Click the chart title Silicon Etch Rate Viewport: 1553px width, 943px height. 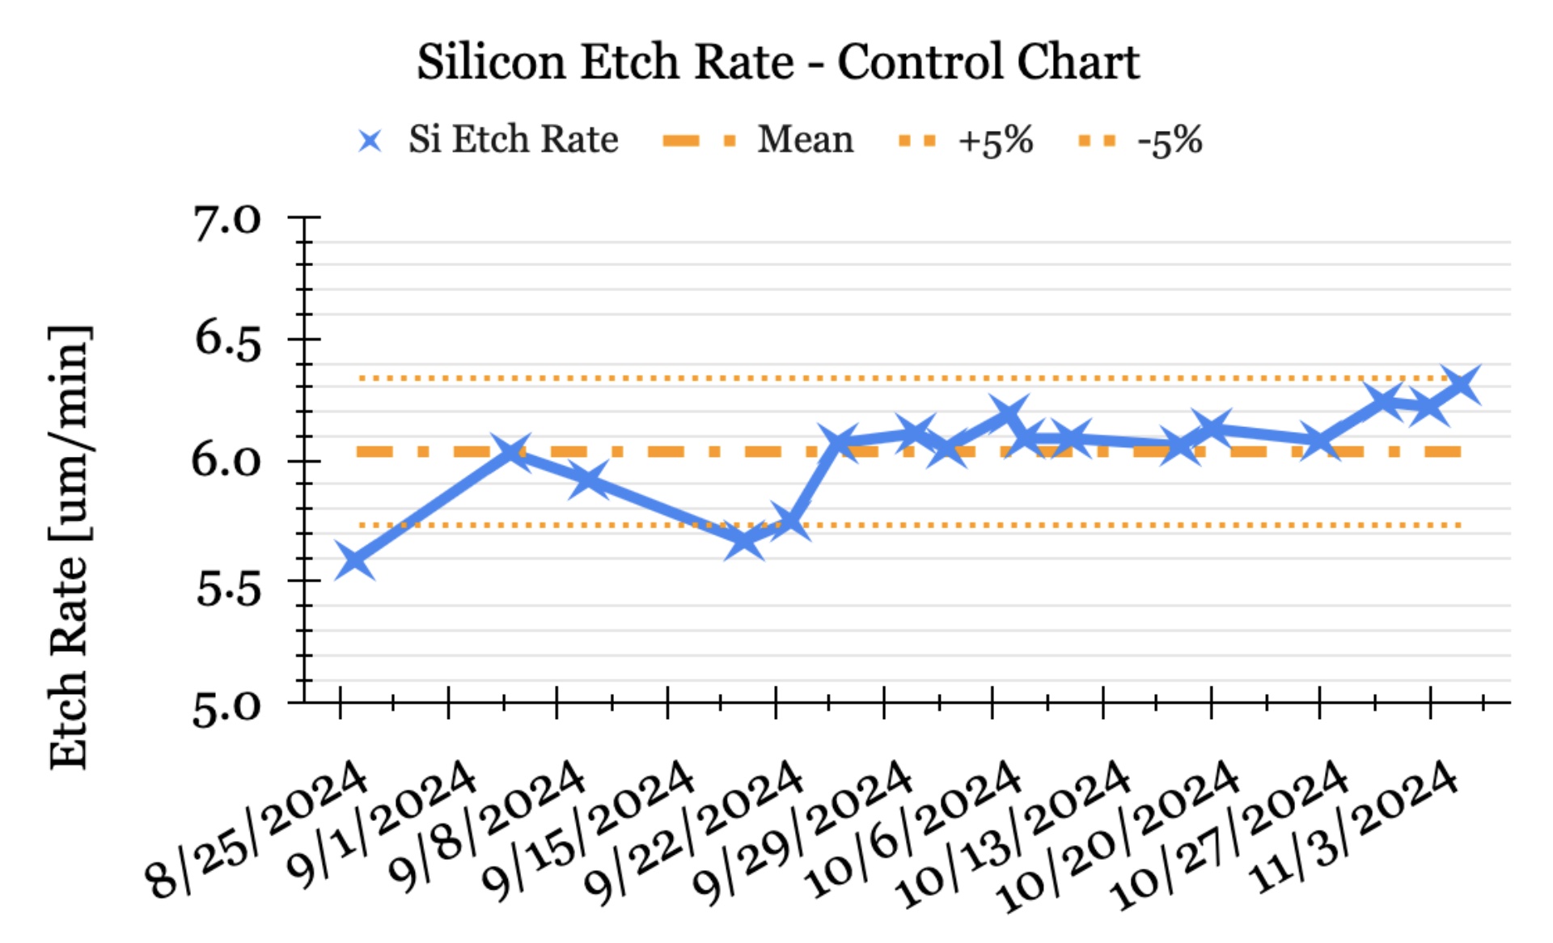tap(777, 62)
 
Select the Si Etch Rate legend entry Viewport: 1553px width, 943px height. tap(512, 139)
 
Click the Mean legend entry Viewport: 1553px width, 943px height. tap(805, 139)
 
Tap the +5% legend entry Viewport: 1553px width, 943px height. tap(995, 141)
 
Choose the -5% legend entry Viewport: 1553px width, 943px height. tap(1170, 141)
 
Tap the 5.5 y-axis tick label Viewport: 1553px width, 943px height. tap(227, 588)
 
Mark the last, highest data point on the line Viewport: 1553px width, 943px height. tap(1462, 385)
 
